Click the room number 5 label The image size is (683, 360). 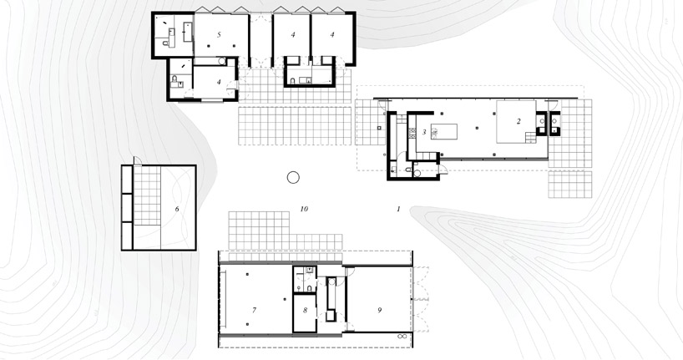coord(219,35)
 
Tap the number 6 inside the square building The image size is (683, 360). coord(177,209)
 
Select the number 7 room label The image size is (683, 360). coord(254,311)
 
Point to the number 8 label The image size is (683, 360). coord(305,311)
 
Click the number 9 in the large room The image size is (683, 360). coord(380,311)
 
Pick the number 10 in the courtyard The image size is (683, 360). coord(304,209)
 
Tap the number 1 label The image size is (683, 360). coord(398,209)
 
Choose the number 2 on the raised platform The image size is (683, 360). coord(519,122)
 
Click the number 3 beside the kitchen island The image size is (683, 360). coord(424,132)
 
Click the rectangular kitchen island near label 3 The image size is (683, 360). coord(444,131)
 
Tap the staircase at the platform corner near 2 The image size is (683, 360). coord(530,138)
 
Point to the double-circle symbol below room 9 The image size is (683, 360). coord(403,337)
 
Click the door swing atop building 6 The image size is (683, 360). coord(136,161)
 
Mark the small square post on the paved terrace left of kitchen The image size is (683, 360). coord(379,128)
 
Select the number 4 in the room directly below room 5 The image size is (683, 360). coord(220,82)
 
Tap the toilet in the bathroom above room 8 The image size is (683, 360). coord(308,287)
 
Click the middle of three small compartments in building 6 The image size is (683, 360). coord(128,208)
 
